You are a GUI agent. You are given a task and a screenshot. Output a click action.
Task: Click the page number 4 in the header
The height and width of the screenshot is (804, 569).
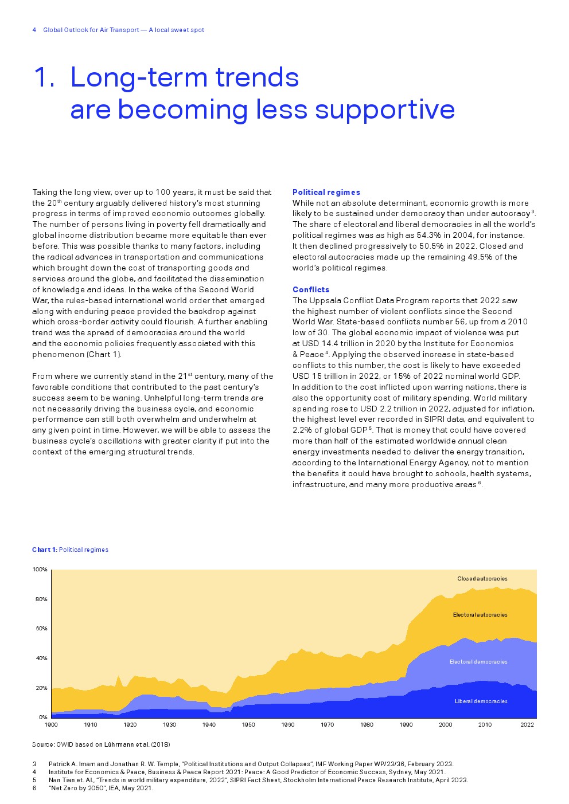34,30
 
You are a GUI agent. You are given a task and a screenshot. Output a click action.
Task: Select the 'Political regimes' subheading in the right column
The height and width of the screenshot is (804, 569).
326,192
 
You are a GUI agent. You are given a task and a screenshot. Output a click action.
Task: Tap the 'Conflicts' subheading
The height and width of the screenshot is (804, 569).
311,289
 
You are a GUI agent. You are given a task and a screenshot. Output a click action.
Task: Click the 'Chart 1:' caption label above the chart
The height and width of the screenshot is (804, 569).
45,550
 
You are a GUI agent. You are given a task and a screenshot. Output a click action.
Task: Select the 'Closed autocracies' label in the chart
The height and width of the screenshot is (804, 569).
482,579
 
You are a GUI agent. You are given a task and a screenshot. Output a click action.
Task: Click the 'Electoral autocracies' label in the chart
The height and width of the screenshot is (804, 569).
480,615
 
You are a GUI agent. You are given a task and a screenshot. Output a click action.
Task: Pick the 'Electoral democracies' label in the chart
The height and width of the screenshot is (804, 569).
478,662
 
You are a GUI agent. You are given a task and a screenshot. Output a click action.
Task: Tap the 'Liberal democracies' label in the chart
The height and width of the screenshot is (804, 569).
481,701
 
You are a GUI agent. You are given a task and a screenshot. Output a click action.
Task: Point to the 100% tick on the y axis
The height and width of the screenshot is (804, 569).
40,570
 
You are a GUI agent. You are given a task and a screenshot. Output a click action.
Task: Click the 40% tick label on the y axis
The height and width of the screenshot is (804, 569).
41,658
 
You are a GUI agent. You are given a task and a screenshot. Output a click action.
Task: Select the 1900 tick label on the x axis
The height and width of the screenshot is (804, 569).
51,725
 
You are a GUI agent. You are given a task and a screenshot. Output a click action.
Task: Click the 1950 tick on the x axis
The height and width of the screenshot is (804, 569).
248,725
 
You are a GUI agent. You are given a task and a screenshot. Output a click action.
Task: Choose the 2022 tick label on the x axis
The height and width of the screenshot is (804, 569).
527,725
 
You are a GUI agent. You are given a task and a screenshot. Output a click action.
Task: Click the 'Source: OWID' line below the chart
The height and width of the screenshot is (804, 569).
101,744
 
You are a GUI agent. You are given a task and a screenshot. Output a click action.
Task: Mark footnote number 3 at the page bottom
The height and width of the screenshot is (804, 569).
34,764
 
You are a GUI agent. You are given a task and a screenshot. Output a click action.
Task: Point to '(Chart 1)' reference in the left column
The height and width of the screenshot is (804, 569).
104,355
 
